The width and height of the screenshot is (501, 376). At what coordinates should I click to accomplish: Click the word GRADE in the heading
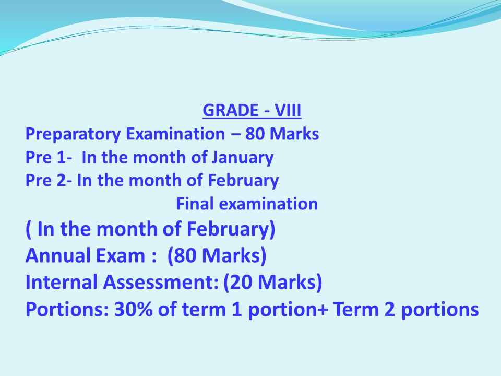coord(230,110)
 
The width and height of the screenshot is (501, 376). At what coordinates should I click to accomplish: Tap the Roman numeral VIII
coord(288,110)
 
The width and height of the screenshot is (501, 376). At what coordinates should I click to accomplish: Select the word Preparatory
coord(73,134)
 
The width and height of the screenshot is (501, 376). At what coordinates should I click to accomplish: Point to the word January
coord(243,158)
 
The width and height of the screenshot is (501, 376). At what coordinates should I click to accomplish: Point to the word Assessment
coord(160,283)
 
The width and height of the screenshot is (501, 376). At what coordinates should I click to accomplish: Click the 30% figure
coord(134,309)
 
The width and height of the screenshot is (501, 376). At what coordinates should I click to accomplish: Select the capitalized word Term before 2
coord(356,309)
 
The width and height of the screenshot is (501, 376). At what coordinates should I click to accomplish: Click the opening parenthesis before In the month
coord(28,230)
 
